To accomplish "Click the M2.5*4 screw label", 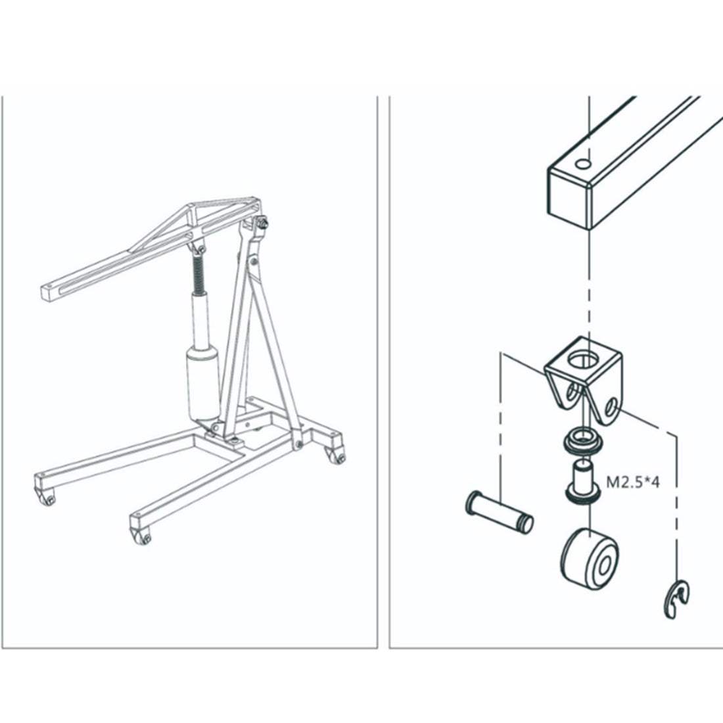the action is click(x=632, y=482).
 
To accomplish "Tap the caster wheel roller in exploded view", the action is click(x=590, y=560).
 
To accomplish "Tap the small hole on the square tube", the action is click(x=583, y=164).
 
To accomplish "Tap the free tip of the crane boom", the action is click(x=47, y=294).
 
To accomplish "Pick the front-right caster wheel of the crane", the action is click(x=142, y=536).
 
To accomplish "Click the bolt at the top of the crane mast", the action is click(x=264, y=224).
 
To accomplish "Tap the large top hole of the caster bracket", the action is click(x=584, y=359).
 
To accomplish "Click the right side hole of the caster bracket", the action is click(x=611, y=406).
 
